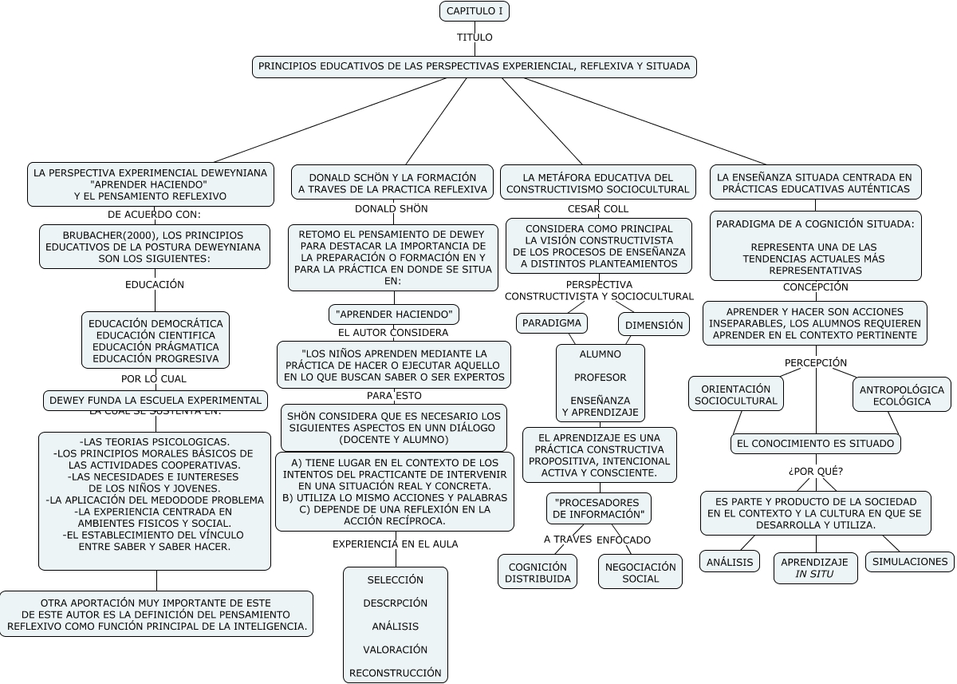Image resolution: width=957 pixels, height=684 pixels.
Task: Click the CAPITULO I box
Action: [474, 11]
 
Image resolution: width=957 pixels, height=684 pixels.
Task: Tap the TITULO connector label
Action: [475, 38]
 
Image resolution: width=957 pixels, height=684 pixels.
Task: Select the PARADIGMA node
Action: [552, 323]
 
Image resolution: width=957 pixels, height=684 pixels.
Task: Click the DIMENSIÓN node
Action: [654, 325]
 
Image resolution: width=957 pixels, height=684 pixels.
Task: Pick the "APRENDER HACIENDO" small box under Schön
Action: [394, 314]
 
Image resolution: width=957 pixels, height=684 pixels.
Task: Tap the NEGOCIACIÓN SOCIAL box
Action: [640, 572]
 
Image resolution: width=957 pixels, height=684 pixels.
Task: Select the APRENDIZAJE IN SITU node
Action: [813, 567]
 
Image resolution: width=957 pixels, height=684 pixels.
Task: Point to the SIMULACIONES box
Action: [910, 561]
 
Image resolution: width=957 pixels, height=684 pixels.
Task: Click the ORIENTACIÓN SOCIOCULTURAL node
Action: [736, 394]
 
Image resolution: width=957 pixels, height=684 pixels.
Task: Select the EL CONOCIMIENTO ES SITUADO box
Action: [816, 443]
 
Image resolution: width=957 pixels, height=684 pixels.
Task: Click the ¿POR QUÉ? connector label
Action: [815, 471]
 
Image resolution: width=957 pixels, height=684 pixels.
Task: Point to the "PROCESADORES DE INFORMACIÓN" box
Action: [598, 508]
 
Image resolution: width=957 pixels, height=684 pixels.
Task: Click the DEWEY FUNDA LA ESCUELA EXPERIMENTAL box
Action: [156, 400]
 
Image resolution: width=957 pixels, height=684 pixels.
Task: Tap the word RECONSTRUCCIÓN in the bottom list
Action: [396, 673]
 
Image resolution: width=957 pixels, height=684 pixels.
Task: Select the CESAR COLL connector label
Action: [598, 209]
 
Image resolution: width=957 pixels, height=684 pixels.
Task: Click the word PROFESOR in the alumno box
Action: [601, 377]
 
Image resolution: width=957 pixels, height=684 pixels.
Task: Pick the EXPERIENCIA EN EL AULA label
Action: [395, 544]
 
